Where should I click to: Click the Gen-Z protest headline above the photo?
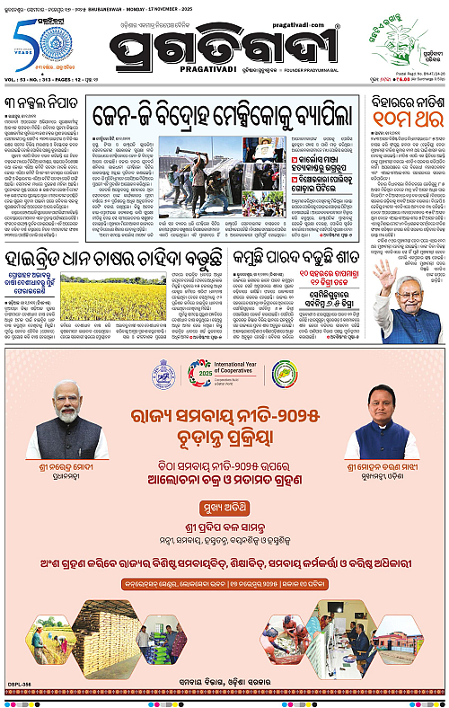(220, 116)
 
